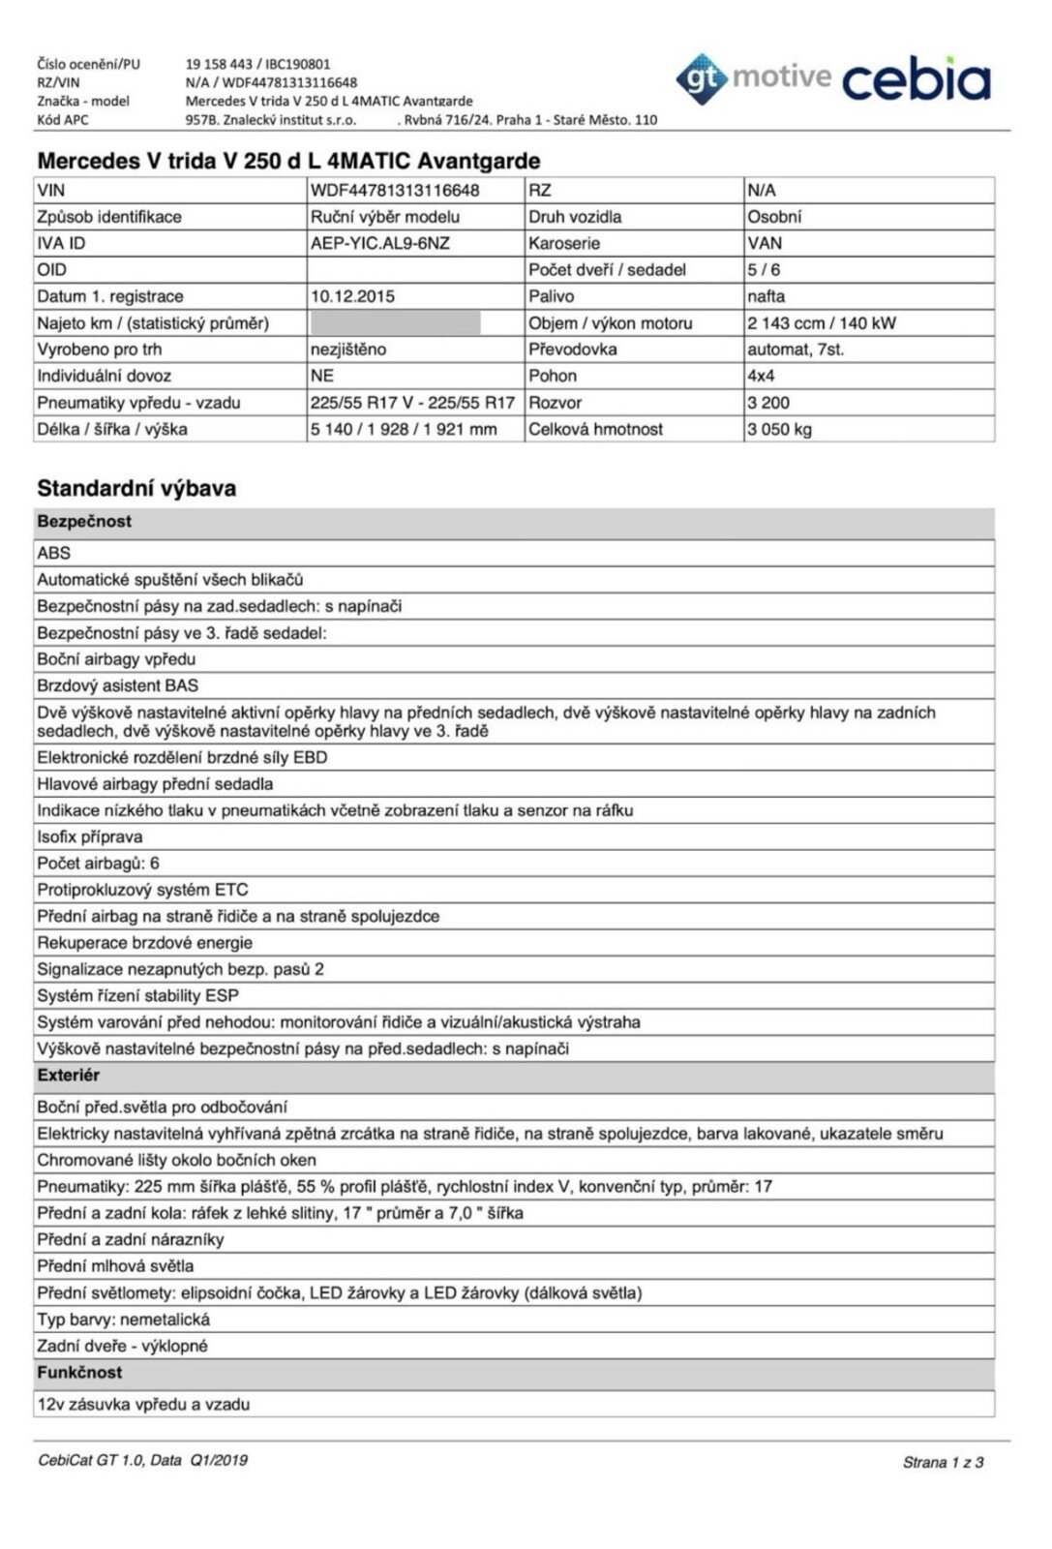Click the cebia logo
(x=916, y=79)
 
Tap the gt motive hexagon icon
(x=702, y=79)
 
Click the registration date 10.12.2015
(x=352, y=296)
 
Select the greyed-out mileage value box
(x=395, y=323)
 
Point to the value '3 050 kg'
(x=779, y=429)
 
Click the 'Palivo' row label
(x=551, y=296)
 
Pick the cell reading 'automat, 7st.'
(x=796, y=349)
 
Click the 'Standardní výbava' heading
(x=136, y=488)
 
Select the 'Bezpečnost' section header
(x=84, y=522)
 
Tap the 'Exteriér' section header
(x=68, y=1076)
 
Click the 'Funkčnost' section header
(x=79, y=1373)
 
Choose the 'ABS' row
(x=54, y=553)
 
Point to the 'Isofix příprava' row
(x=90, y=836)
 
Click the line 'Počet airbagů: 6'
(x=98, y=864)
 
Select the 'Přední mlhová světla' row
(x=115, y=1266)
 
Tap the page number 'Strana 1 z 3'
(x=943, y=1462)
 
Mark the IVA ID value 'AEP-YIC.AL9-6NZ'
(x=380, y=243)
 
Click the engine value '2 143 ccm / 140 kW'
(x=821, y=323)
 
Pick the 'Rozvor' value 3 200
(x=768, y=403)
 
